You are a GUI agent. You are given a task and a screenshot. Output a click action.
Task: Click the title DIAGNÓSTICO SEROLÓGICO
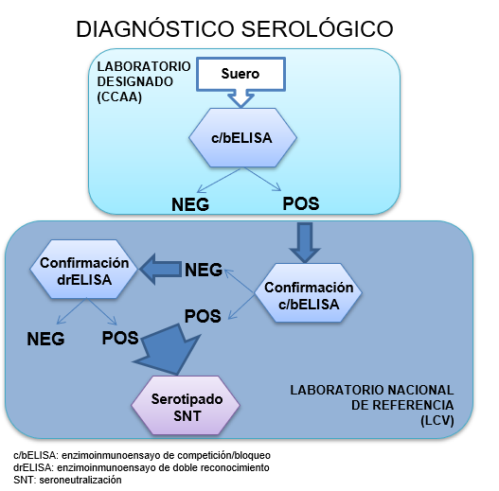click(x=249, y=29)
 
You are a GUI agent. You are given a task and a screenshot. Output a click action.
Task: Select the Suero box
click(x=240, y=74)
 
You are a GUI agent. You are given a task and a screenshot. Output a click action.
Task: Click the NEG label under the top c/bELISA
click(x=189, y=205)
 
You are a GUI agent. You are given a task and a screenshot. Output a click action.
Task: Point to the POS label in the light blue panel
click(x=300, y=203)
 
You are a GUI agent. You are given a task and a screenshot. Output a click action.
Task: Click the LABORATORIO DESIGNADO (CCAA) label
click(x=143, y=81)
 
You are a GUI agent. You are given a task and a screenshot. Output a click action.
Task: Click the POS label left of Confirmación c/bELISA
click(x=203, y=314)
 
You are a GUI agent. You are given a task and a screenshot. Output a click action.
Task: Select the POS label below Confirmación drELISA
click(x=120, y=338)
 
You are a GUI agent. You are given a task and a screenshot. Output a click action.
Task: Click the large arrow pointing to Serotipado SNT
click(x=177, y=348)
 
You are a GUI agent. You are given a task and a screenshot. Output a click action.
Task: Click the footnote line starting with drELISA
click(x=141, y=467)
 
